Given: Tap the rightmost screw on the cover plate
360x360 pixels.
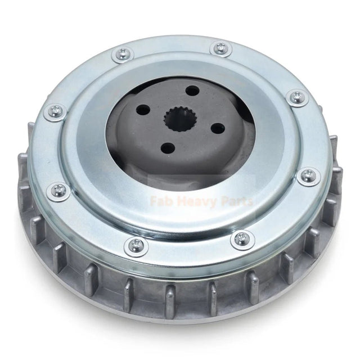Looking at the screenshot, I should (x=309, y=177).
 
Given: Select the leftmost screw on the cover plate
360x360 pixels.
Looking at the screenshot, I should (x=55, y=111).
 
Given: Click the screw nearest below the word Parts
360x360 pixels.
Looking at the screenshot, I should (x=242, y=238).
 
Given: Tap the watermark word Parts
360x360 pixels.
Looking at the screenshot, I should (x=239, y=201).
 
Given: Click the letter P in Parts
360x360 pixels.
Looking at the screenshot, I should (x=227, y=201).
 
